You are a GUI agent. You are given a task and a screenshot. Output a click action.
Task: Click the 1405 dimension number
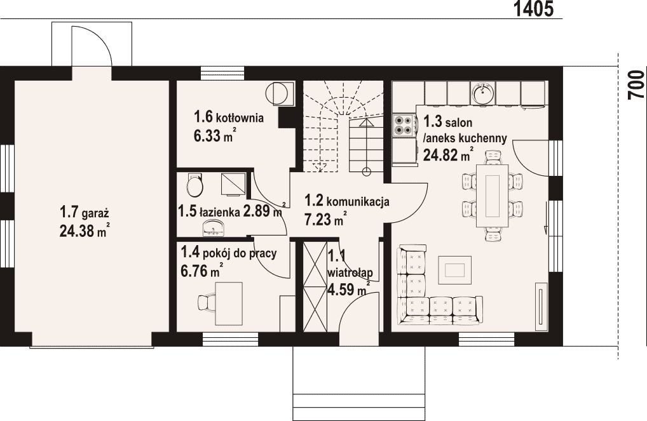pos(533,9)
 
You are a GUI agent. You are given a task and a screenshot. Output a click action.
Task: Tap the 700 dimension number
pos(636,84)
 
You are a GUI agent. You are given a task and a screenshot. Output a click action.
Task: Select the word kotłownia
pos(240,118)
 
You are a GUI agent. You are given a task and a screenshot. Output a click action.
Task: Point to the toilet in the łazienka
pos(194,185)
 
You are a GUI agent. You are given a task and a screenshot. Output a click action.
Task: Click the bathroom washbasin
pos(214,228)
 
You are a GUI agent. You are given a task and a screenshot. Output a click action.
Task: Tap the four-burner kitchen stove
pos(404,125)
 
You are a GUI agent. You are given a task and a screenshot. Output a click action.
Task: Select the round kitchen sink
pos(483,93)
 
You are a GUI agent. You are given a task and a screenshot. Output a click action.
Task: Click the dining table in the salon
pos(493,196)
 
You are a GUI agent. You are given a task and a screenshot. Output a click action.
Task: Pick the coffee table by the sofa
pos(454,270)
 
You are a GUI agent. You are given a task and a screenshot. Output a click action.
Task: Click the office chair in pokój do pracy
pos(205,303)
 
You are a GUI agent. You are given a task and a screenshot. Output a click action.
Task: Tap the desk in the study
pos(228,303)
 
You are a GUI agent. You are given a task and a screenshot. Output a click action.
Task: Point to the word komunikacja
pos(358,202)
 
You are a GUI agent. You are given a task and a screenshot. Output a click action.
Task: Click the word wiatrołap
pos(350,272)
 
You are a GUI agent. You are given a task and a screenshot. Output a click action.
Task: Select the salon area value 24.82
pos(440,155)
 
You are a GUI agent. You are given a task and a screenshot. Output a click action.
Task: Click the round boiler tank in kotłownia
pos(277,93)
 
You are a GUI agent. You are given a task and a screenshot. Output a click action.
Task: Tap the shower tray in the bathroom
pos(233,184)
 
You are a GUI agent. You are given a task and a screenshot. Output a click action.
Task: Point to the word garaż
pos(95,214)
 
